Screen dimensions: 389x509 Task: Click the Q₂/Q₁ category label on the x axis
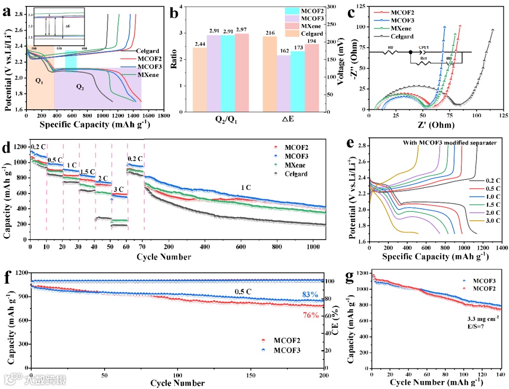221,120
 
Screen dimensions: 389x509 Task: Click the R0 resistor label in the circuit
390,48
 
